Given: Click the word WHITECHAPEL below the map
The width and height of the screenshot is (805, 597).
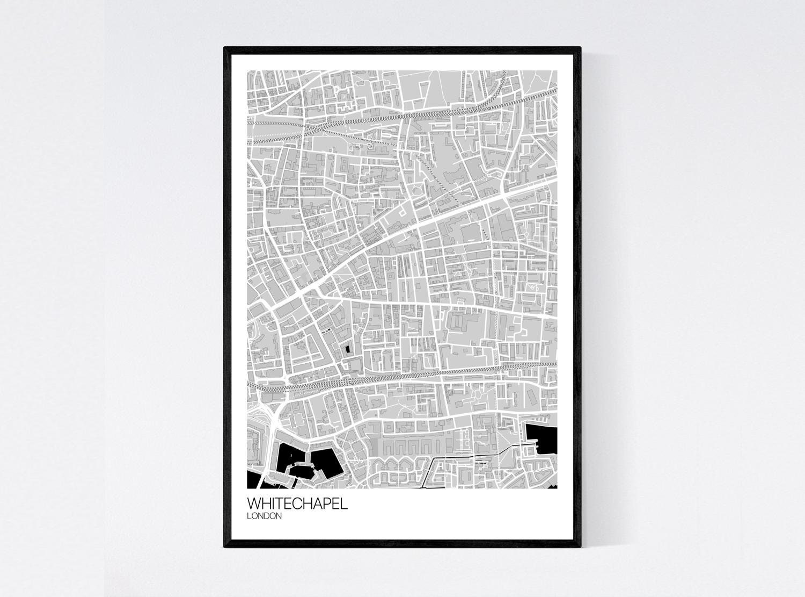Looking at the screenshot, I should click(x=297, y=505).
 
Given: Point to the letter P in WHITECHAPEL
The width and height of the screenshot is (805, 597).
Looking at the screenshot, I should click(x=329, y=505).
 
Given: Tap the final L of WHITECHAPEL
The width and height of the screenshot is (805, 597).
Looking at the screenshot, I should click(x=345, y=505).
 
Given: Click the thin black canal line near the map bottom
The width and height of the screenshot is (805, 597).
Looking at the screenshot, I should click(x=456, y=456).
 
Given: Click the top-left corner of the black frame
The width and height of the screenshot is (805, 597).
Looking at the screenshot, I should click(x=225, y=48).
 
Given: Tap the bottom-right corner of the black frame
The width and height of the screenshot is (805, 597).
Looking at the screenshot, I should click(x=581, y=546).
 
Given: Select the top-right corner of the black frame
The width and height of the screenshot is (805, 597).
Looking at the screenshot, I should click(x=581, y=48).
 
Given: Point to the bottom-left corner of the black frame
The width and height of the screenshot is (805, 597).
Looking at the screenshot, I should click(x=225, y=546).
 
